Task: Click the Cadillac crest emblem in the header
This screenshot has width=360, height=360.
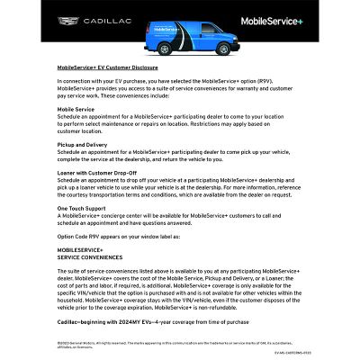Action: pyautogui.click(x=67, y=19)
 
